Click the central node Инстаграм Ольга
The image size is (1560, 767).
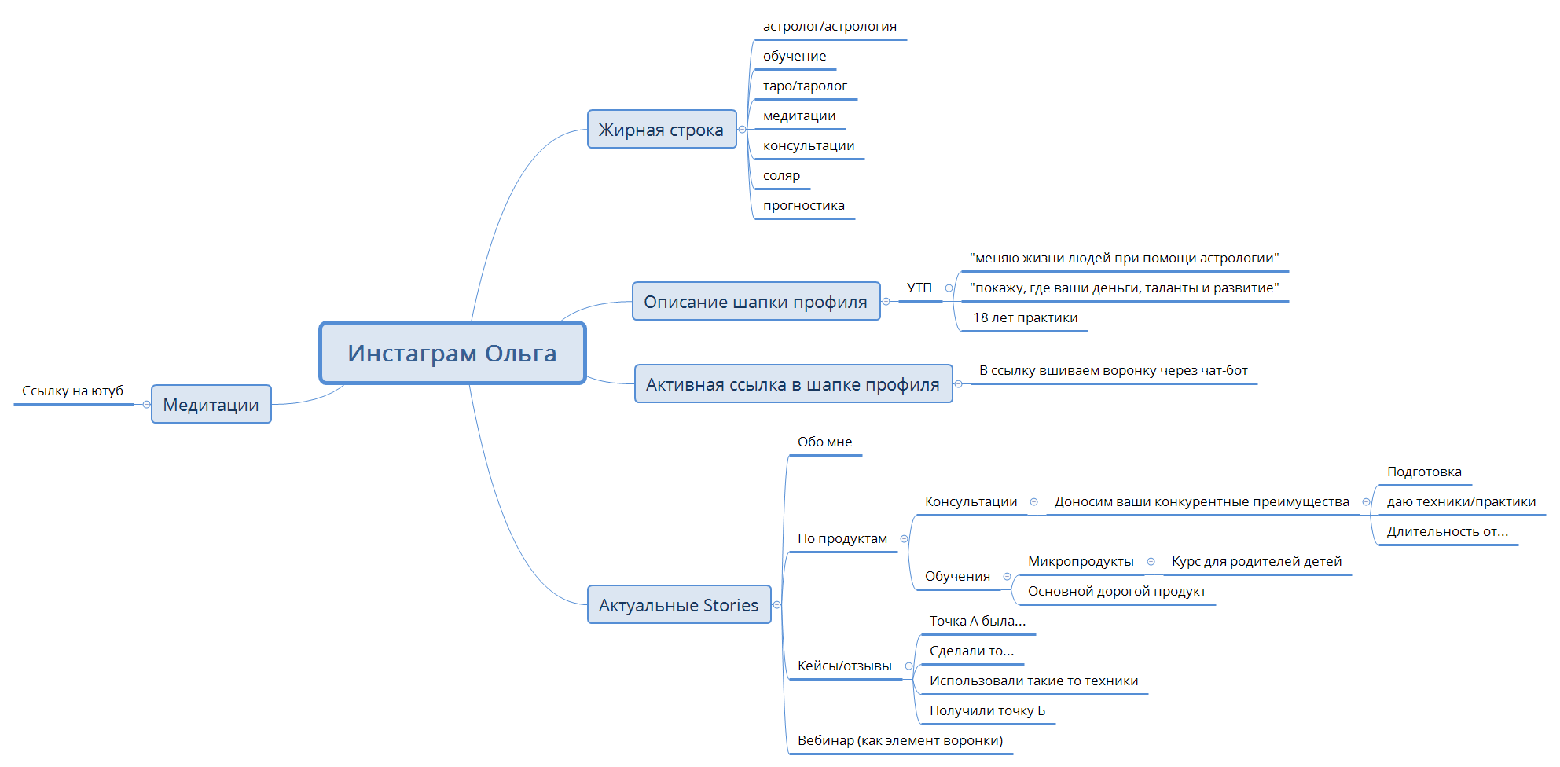(453, 353)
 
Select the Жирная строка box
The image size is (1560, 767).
(662, 129)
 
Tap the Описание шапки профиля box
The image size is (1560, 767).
(756, 301)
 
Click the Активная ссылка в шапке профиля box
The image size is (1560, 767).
(793, 383)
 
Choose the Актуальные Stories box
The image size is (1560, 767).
(679, 604)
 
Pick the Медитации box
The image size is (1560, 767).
(211, 404)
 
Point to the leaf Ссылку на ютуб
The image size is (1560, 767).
(73, 391)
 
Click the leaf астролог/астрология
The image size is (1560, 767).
(830, 26)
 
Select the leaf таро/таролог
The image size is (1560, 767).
(805, 86)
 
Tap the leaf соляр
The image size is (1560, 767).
(781, 175)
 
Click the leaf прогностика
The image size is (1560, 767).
(804, 205)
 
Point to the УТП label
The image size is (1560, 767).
(919, 288)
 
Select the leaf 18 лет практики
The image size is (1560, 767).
(1026, 317)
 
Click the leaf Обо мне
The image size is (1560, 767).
(825, 442)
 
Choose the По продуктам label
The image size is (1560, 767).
(842, 538)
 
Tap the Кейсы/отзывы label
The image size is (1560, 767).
(845, 666)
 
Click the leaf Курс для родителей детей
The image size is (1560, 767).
(1257, 561)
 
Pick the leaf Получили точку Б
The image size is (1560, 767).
(988, 710)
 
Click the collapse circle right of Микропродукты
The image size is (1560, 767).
(1151, 562)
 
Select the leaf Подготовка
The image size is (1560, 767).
(1424, 472)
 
